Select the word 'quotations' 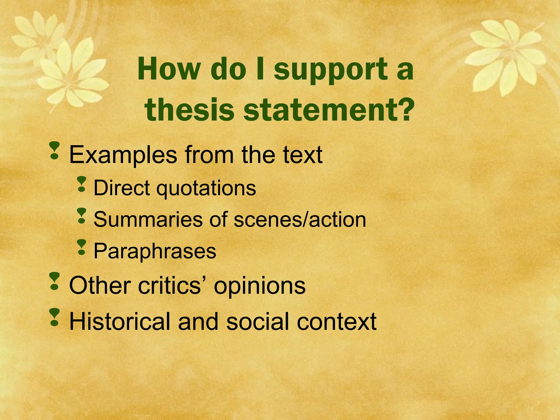tap(206, 189)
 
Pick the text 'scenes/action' tap(300, 220)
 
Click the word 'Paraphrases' tap(155, 251)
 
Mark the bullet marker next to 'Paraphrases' tap(81, 247)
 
